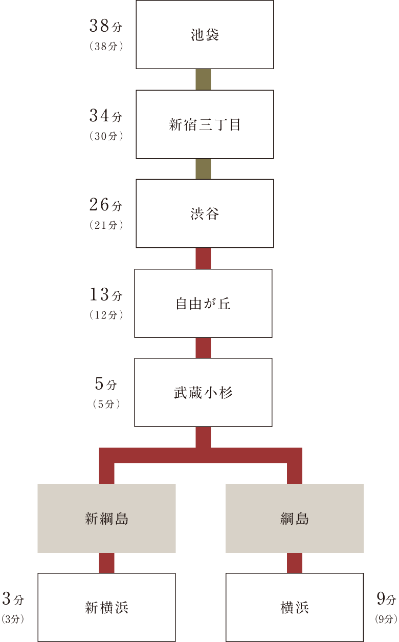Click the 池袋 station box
(205, 35)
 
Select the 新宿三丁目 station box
(205, 124)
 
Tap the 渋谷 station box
(205, 213)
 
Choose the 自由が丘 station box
(203, 303)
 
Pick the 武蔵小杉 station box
(203, 392)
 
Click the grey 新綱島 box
(106, 518)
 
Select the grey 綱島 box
(295, 518)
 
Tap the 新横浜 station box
(106, 607)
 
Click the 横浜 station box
(295, 607)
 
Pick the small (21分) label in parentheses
(106, 225)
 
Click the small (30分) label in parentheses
(106, 137)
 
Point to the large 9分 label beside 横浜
(386, 598)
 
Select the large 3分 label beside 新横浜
(13, 598)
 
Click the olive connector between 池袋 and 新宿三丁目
(204, 79)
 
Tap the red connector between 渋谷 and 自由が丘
(204, 259)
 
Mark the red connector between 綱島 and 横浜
(295, 563)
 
